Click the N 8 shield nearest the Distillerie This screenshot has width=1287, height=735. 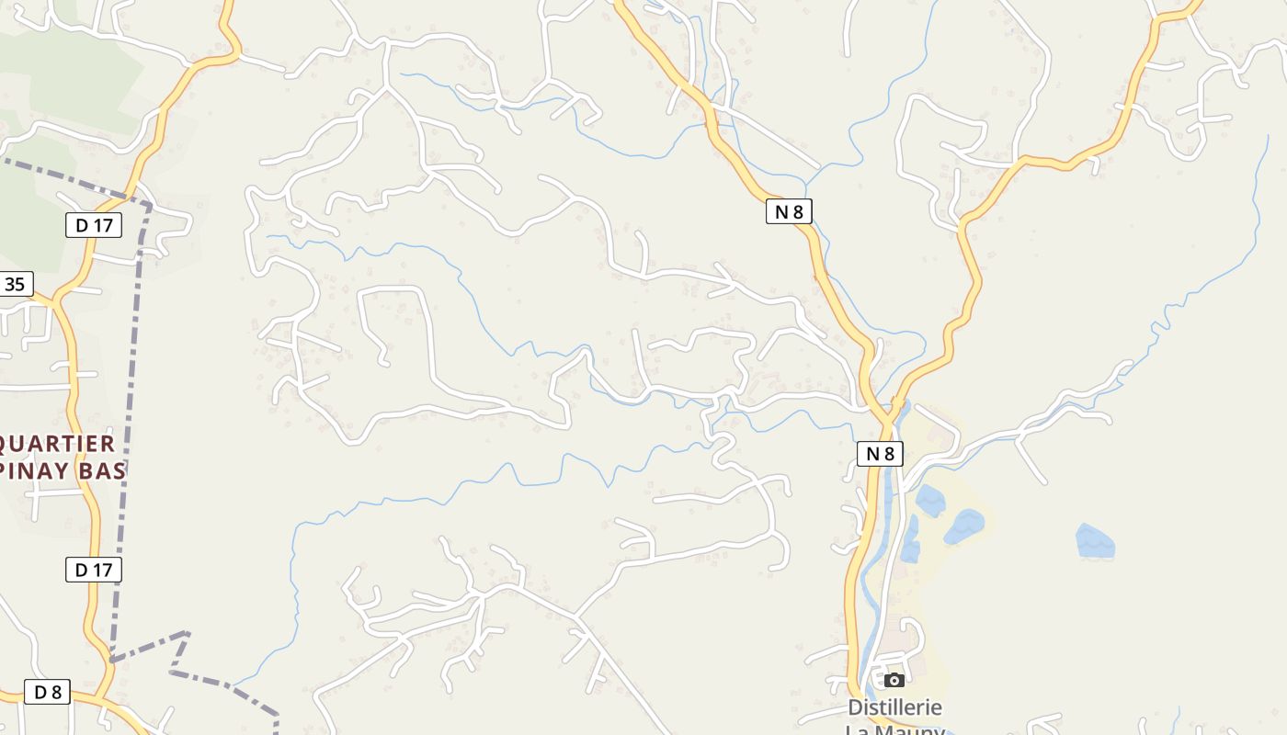tap(880, 453)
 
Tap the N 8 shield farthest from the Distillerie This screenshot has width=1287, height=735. tap(789, 211)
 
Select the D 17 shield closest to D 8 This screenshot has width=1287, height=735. tap(93, 570)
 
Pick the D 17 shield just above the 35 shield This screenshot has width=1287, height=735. tap(93, 225)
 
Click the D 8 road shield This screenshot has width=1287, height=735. tap(47, 692)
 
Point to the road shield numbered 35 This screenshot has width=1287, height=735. tap(15, 284)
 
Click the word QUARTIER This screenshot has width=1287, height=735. tap(57, 444)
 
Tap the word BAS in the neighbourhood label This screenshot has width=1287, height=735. tap(104, 471)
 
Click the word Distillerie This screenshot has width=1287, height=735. tap(894, 707)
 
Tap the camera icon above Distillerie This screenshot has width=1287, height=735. tap(894, 680)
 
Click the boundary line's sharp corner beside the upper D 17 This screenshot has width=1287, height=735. tap(149, 206)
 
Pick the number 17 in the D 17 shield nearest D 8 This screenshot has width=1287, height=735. tap(101, 570)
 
